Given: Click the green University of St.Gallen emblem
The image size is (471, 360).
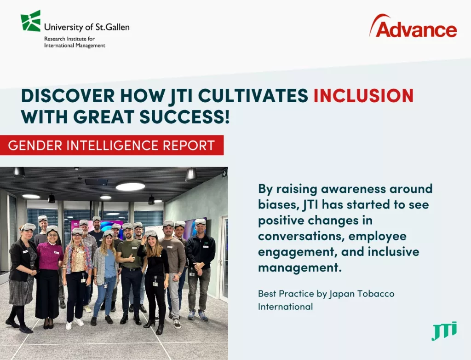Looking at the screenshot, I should click(30, 21).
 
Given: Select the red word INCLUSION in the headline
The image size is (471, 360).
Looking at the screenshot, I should click(363, 96).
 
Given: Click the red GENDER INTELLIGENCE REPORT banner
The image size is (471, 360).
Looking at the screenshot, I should click(112, 145).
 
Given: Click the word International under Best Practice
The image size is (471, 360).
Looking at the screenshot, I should click(285, 307).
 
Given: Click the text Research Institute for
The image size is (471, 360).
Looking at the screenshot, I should click(69, 39).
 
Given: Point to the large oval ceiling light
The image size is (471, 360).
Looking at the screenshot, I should click(130, 186).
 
